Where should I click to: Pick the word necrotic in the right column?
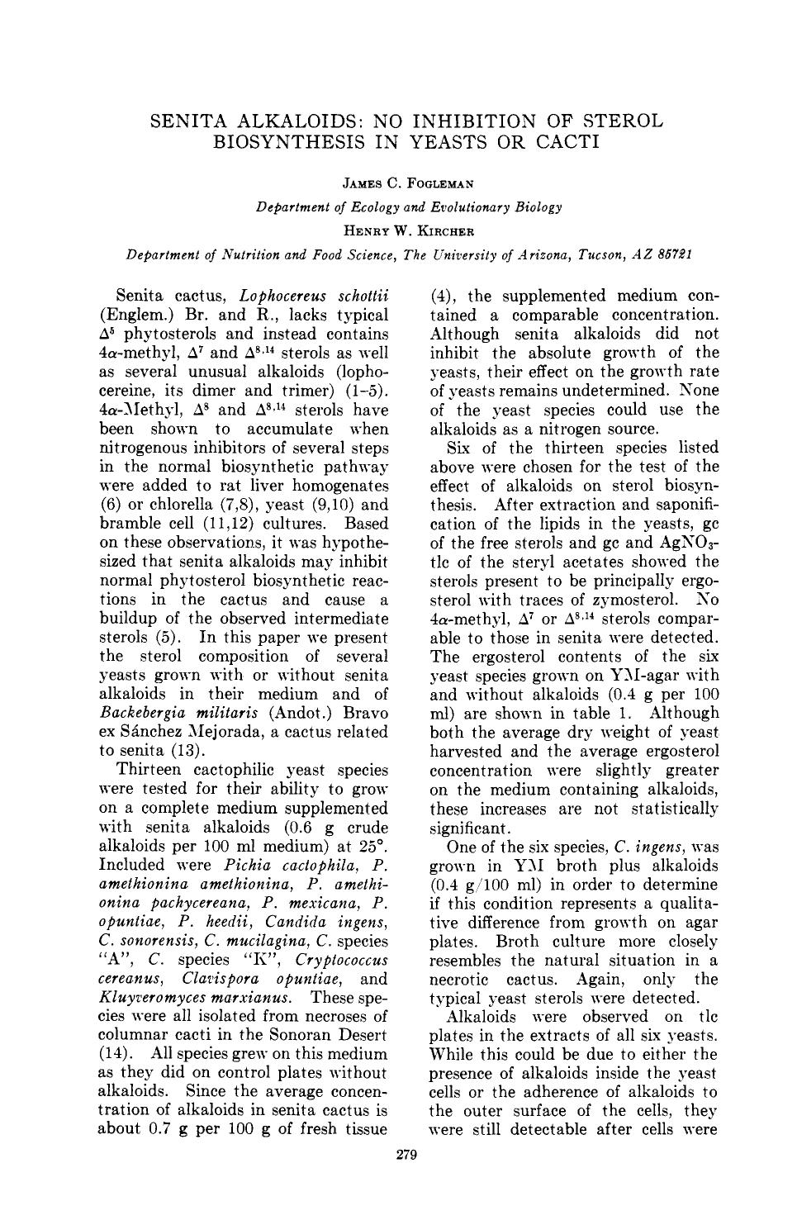point(459,979)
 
